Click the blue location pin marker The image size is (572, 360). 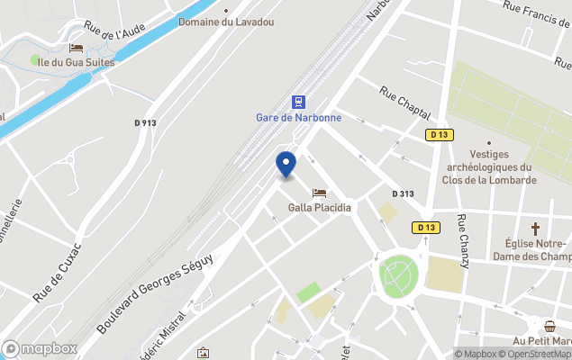tap(285, 166)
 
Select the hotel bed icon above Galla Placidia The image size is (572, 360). tap(319, 193)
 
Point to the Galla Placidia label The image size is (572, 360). tap(319, 208)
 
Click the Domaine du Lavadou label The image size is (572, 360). tap(219, 21)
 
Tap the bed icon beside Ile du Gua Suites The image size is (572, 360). tap(76, 48)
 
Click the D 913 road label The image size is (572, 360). tap(145, 123)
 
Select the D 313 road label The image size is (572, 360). tap(403, 193)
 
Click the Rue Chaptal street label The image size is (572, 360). tap(401, 104)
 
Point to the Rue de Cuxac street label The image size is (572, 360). tap(58, 271)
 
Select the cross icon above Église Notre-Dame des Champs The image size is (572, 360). tap(535, 229)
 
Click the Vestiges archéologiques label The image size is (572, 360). tap(489, 167)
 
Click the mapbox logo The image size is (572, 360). tap(40, 348)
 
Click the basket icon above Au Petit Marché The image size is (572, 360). tap(549, 326)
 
